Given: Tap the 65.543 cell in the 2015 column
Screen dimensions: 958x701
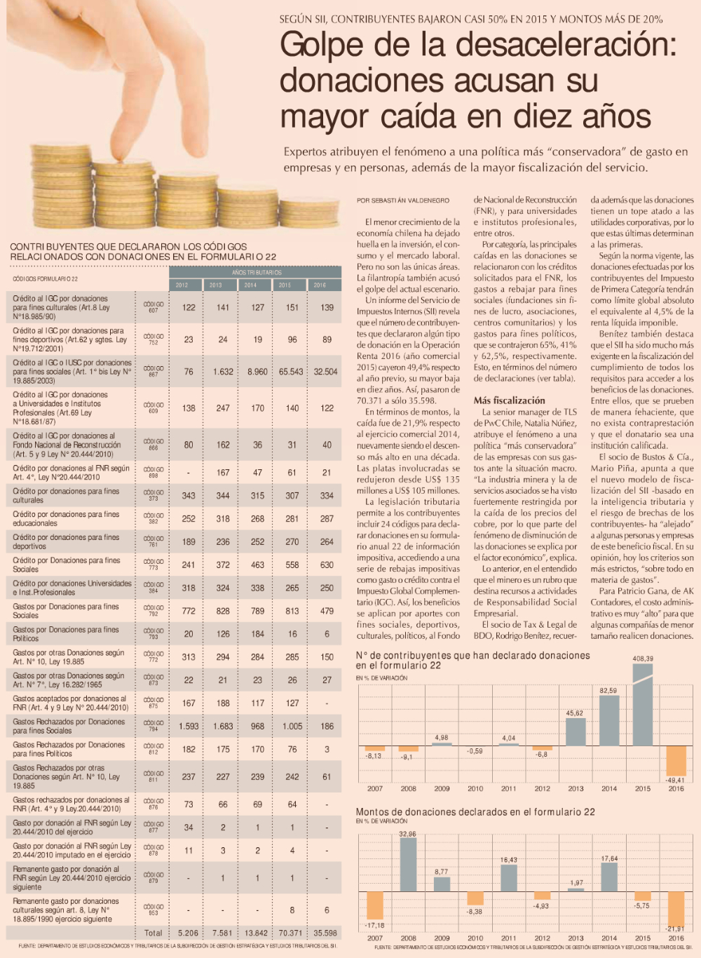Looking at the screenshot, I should tap(291, 372).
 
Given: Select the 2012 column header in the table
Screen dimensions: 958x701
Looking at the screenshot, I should tap(182, 285).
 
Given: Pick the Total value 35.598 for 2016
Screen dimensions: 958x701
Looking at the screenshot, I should tap(325, 933).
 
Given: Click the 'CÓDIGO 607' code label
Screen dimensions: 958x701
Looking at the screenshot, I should tap(153, 307).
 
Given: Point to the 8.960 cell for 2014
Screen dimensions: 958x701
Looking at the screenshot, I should tap(257, 372).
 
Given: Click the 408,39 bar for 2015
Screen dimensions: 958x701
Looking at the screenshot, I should tap(643, 704).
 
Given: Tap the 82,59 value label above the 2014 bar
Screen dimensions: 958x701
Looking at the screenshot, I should tap(608, 691).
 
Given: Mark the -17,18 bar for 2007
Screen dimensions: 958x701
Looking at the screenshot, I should tap(375, 905).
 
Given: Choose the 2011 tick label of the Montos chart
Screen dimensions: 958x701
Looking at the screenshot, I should tap(509, 938).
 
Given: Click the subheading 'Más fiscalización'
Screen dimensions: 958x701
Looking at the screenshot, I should tap(509, 400).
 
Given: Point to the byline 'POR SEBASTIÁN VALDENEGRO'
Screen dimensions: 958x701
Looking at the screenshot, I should tap(403, 201).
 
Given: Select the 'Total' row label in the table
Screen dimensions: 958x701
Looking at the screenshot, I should tap(154, 933).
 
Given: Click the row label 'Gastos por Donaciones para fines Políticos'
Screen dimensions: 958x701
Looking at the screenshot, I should tap(67, 634).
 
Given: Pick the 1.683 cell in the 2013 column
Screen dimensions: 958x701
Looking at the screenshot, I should tap(223, 727).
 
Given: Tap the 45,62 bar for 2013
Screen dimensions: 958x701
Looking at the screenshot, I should tap(576, 731).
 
